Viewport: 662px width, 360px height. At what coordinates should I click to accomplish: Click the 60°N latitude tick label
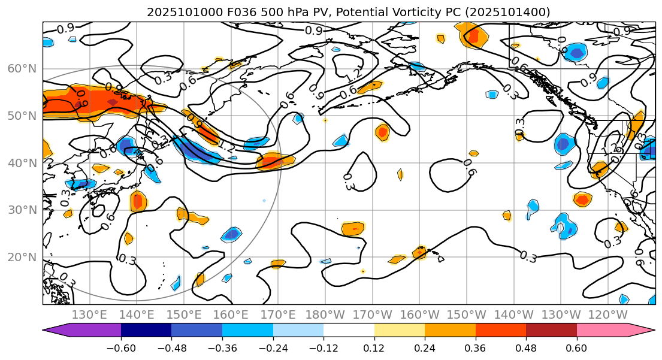tap(22, 68)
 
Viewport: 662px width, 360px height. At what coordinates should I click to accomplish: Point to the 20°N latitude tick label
tap(22, 258)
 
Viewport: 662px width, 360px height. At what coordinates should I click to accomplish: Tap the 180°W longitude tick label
tap(325, 315)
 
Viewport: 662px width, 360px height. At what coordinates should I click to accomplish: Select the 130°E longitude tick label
tap(89, 315)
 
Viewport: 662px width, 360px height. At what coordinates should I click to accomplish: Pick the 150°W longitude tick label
tap(466, 315)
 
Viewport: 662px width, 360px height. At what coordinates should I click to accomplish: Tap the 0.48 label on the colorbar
tap(526, 348)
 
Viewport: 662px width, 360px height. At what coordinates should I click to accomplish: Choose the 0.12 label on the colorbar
tap(374, 348)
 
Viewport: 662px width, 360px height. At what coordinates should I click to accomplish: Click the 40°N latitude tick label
tap(22, 163)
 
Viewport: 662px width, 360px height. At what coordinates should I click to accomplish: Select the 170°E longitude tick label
tap(277, 315)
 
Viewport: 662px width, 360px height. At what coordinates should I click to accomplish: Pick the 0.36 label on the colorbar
tap(476, 348)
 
